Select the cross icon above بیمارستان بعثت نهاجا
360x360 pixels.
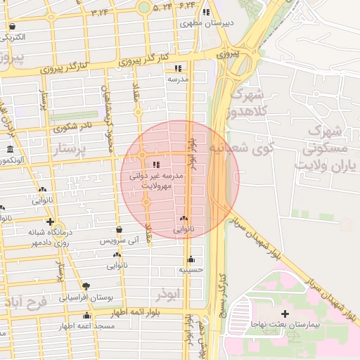click(x=285, y=313)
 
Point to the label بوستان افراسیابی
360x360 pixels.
click(x=86, y=297)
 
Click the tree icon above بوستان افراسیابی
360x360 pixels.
click(x=86, y=286)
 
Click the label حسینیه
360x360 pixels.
click(x=191, y=269)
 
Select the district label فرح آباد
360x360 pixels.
click(x=25, y=302)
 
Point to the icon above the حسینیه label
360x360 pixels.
click(x=191, y=259)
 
